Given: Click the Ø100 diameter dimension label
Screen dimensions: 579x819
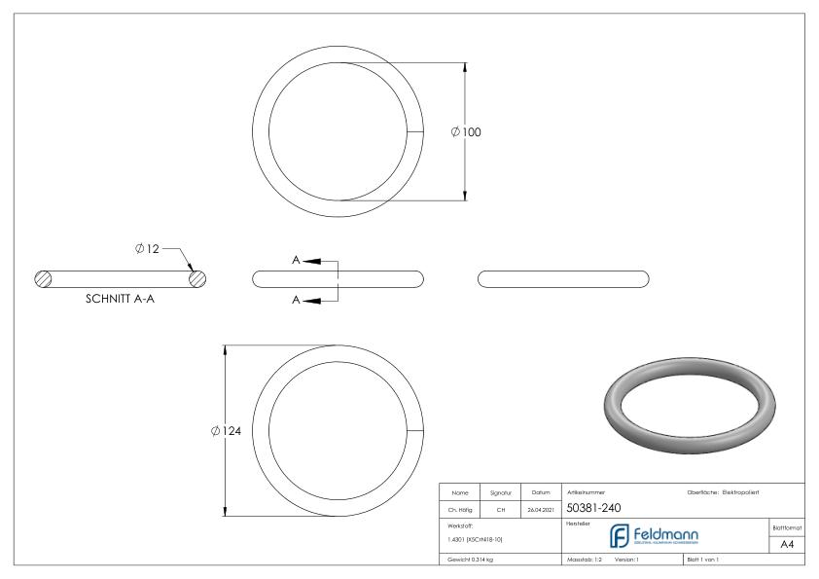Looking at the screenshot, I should (x=467, y=132).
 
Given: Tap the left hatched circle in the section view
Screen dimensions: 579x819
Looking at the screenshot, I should (x=43, y=278).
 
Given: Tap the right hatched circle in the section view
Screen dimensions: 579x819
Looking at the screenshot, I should (x=197, y=278).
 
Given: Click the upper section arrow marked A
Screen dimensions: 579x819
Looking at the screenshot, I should (x=313, y=261).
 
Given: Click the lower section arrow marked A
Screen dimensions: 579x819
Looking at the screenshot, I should (x=313, y=300).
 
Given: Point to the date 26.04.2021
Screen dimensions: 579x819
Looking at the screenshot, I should (x=541, y=508).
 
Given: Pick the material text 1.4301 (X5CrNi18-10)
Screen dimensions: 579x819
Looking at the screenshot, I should (x=476, y=538).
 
